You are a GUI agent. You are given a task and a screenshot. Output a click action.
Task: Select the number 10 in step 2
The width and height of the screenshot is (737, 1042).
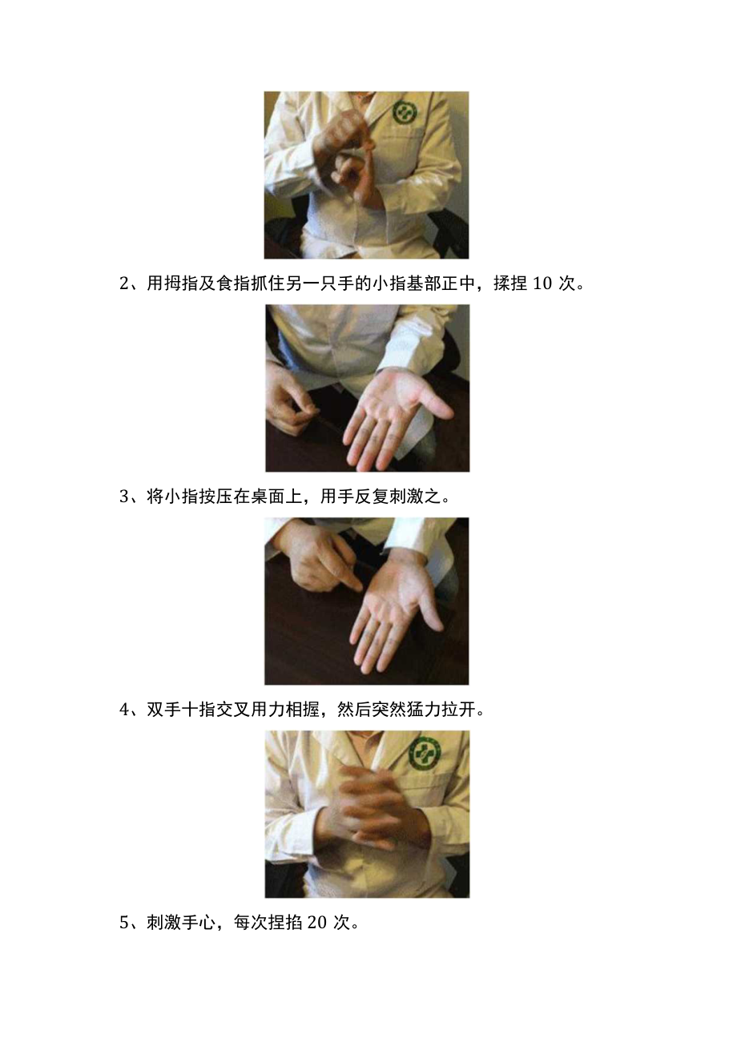point(542,284)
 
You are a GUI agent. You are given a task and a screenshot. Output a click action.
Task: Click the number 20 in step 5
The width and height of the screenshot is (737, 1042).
point(317,923)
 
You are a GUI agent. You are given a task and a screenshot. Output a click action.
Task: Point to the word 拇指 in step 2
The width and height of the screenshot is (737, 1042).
point(183,284)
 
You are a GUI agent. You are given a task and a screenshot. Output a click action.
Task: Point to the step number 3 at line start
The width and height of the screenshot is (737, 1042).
point(124,497)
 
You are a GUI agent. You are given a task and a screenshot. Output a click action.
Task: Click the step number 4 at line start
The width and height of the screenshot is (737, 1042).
point(124,710)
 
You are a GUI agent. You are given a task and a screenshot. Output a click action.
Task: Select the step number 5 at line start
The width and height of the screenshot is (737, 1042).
point(124,923)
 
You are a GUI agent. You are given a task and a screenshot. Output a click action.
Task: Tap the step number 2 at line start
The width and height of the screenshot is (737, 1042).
point(124,284)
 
